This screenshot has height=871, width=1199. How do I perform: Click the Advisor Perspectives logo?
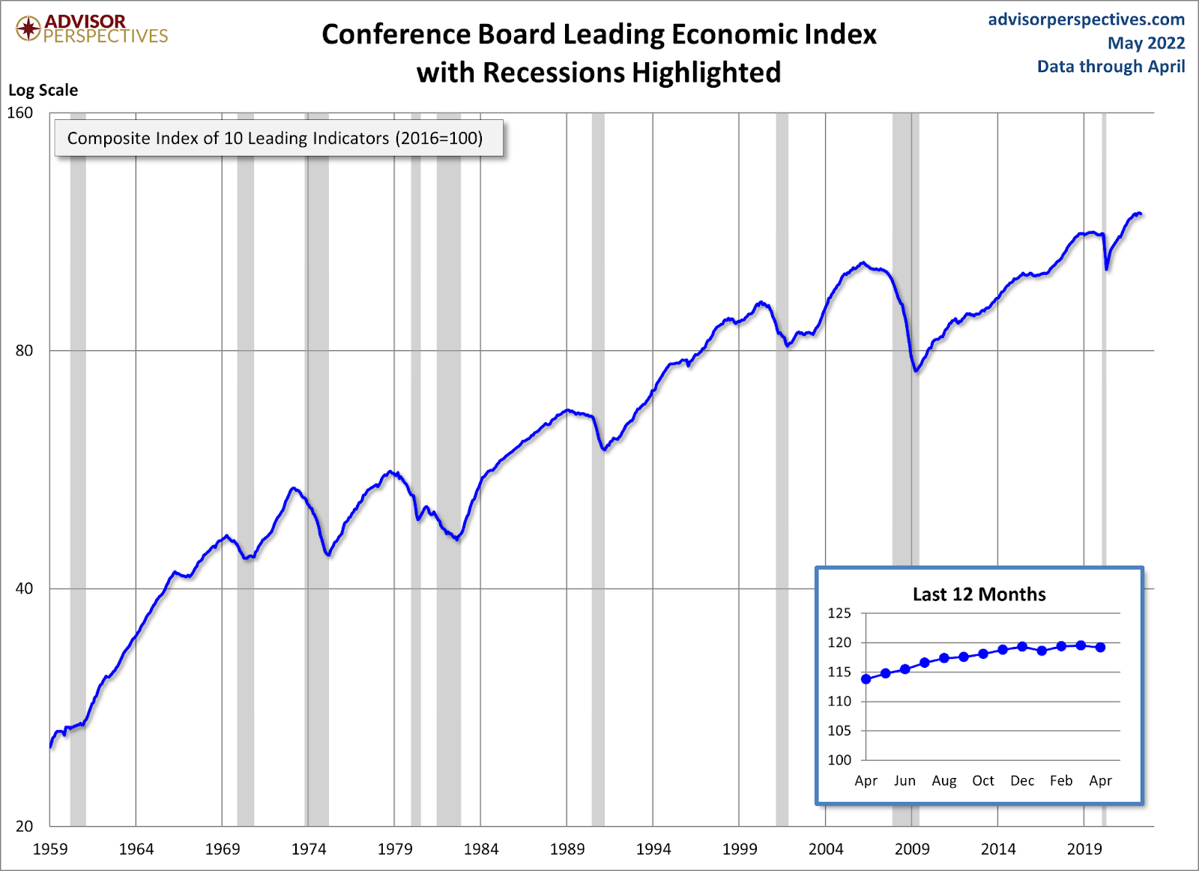tap(91, 29)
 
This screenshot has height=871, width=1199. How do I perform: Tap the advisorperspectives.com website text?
tap(1086, 19)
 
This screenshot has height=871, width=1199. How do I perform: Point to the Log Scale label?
tap(43, 90)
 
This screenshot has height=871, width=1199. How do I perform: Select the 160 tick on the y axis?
tap(20, 112)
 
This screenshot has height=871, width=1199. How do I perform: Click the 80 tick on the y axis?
tap(24, 350)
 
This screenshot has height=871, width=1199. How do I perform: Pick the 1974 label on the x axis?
tap(309, 849)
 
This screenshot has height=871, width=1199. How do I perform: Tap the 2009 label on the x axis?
tap(912, 849)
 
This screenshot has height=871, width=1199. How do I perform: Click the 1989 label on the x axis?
tap(567, 849)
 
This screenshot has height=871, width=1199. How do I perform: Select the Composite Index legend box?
tap(278, 138)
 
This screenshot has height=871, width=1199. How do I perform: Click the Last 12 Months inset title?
tap(979, 594)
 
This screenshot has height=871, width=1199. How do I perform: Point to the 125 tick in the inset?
tap(839, 613)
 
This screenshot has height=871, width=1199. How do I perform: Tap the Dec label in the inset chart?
tap(1022, 781)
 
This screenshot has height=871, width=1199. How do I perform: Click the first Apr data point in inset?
tap(866, 679)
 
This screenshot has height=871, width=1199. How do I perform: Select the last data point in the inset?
tap(1100, 647)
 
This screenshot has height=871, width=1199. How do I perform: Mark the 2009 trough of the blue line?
tap(916, 370)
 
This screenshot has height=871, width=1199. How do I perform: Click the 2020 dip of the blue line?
tap(1107, 268)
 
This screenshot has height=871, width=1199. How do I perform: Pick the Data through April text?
tap(1111, 67)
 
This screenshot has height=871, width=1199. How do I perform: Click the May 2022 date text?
tap(1146, 43)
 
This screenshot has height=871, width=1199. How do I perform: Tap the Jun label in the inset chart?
tap(904, 781)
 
